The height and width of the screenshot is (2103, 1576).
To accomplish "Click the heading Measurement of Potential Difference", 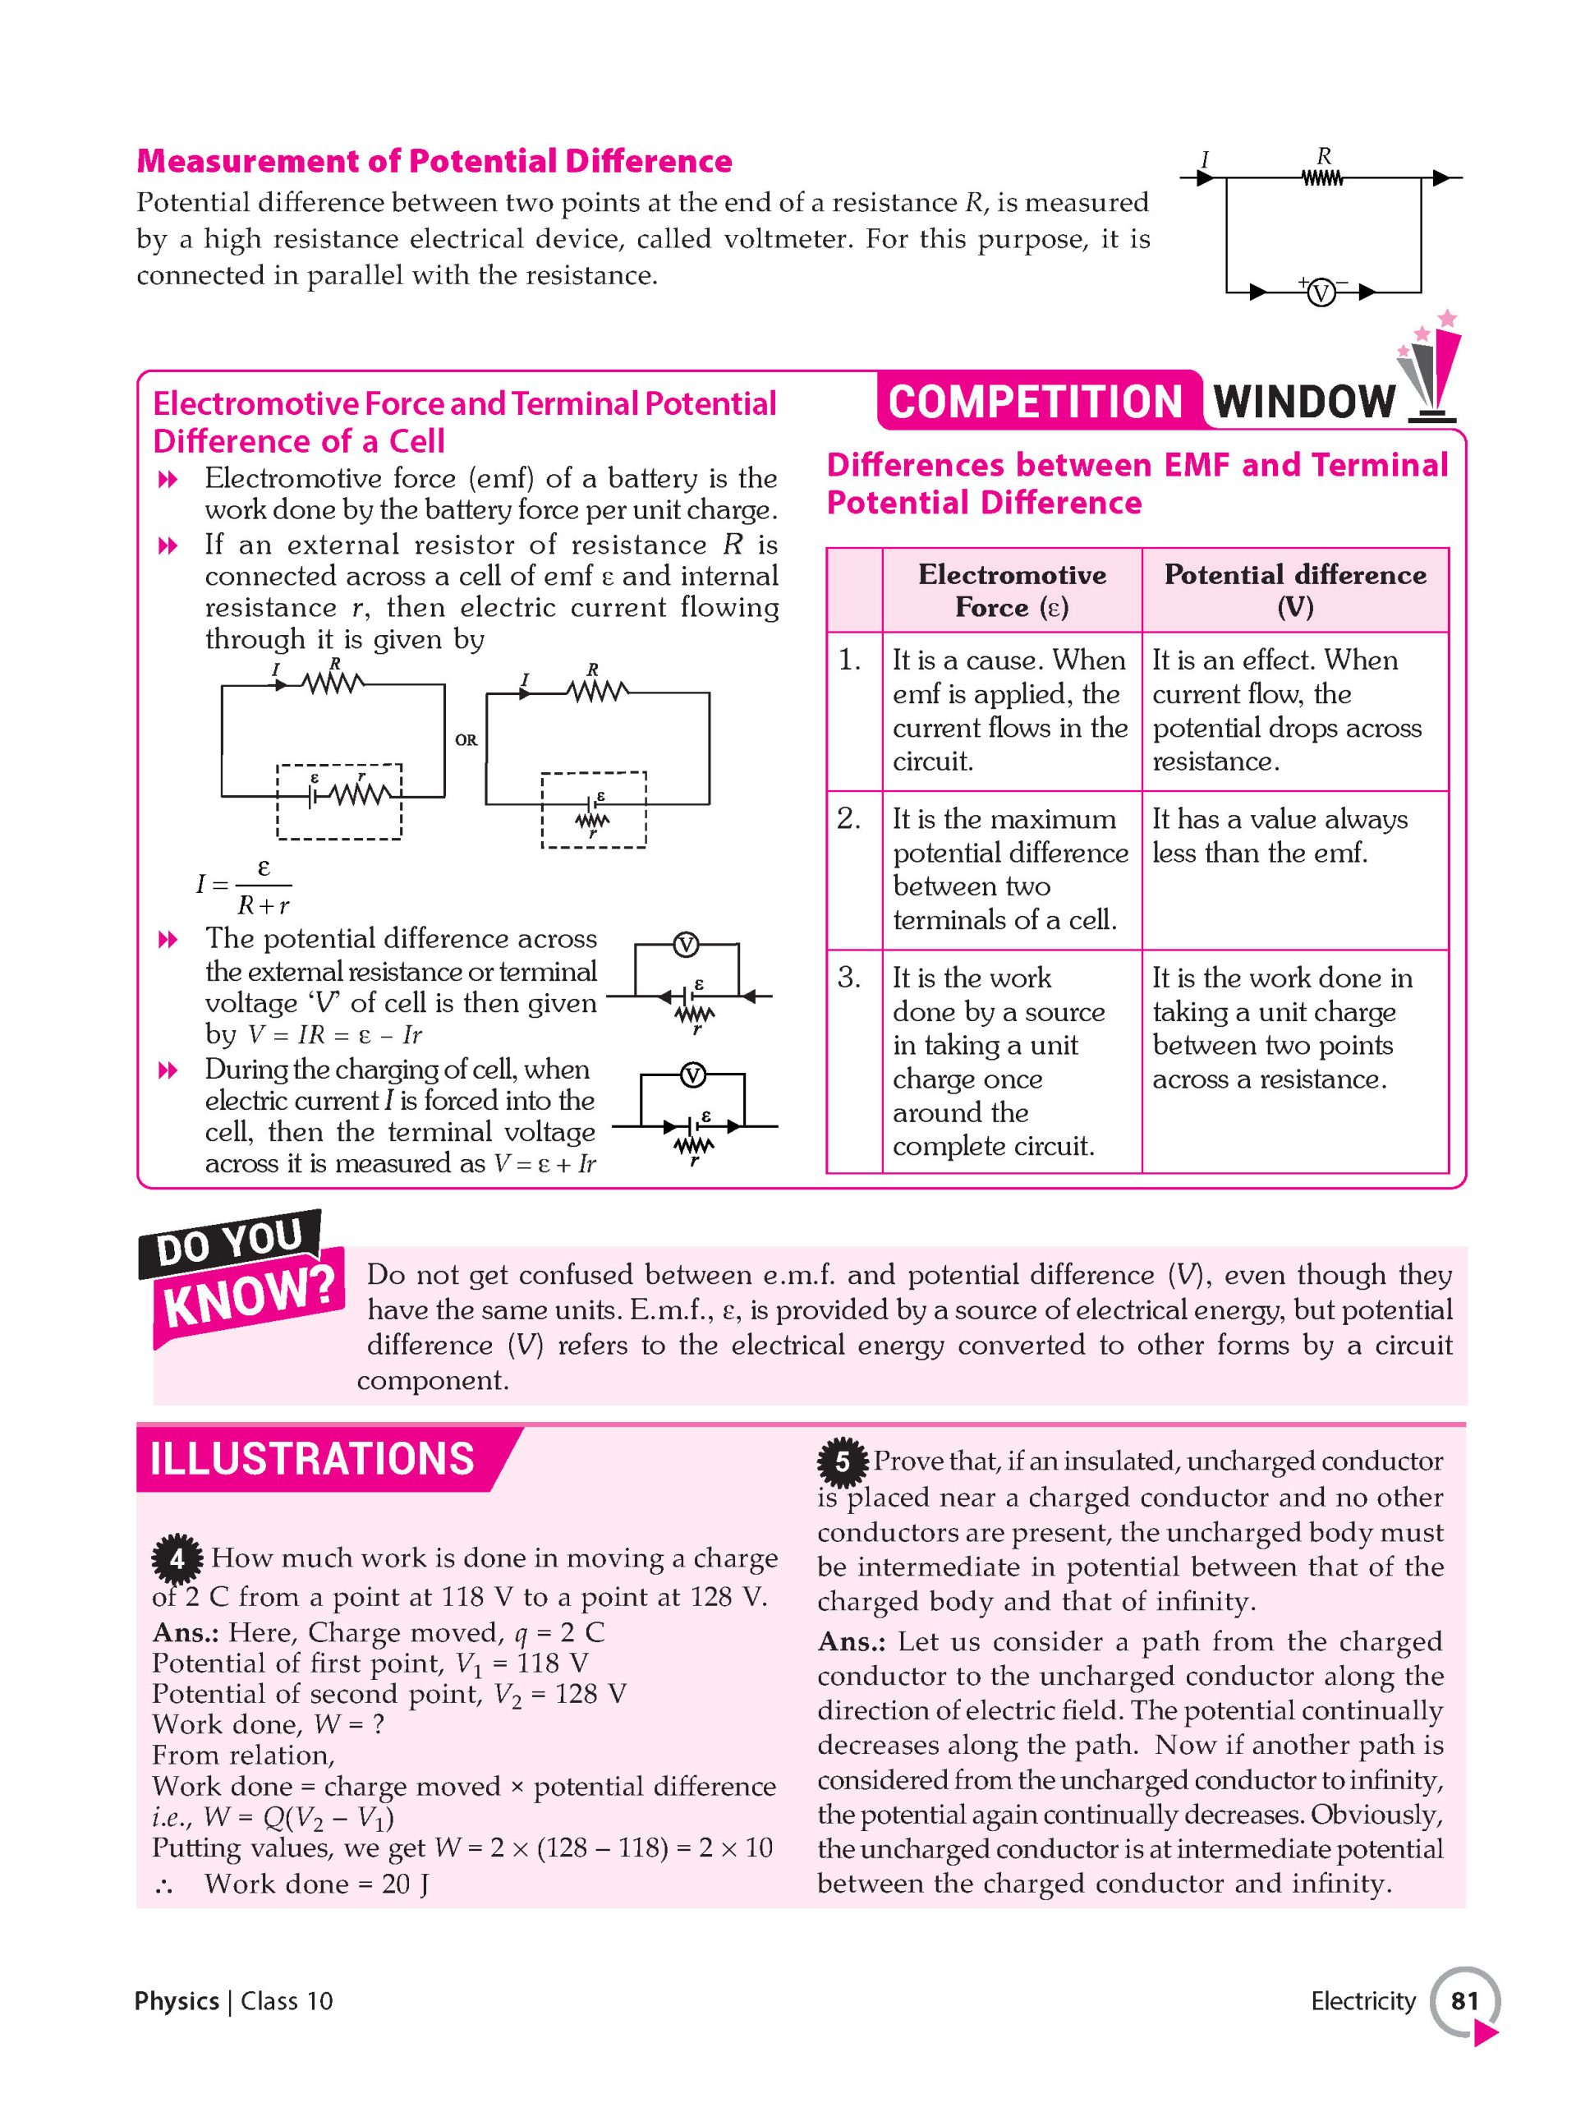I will click(434, 161).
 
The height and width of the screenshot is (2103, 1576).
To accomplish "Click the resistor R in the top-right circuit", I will click(1322, 177).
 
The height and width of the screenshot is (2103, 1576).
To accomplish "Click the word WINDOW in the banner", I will click(1304, 403).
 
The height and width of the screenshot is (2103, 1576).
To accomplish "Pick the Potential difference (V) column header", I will click(1294, 591).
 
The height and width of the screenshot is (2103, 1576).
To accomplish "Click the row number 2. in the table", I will click(849, 818).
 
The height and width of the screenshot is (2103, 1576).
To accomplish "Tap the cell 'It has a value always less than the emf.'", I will click(1279, 835).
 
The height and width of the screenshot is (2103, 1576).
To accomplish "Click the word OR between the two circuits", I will click(466, 739).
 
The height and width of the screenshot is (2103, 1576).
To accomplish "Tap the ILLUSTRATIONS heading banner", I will click(313, 1458).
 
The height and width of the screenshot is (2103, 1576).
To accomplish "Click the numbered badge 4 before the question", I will click(177, 1559).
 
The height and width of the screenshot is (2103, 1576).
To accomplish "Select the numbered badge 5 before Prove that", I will click(842, 1462).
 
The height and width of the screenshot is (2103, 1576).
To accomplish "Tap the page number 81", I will click(1463, 2001).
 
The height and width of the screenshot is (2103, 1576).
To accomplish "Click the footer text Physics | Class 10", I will click(234, 2001).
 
